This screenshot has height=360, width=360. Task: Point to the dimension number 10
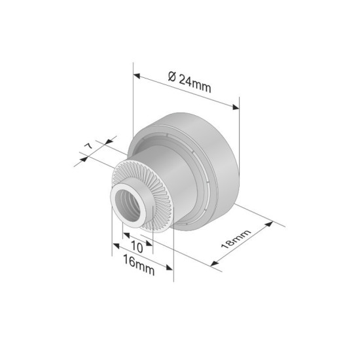click(x=137, y=247)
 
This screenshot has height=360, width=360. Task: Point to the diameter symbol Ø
click(x=171, y=77)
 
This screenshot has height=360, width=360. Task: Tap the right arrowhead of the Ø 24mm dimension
click(x=237, y=107)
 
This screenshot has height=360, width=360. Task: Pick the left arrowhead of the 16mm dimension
click(x=113, y=245)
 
